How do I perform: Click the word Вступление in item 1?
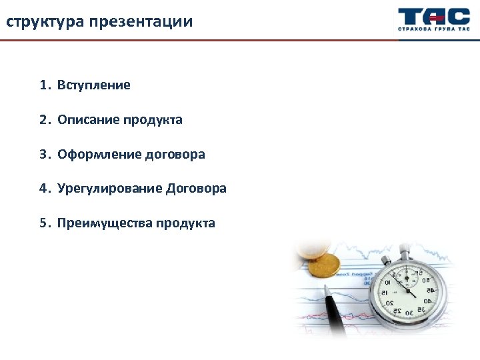pyautogui.click(x=93, y=85)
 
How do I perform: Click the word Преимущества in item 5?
pyautogui.click(x=105, y=223)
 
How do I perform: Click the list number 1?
pyautogui.click(x=43, y=85)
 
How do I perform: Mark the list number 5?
pyautogui.click(x=43, y=223)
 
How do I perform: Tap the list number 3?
pyautogui.click(x=43, y=155)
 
